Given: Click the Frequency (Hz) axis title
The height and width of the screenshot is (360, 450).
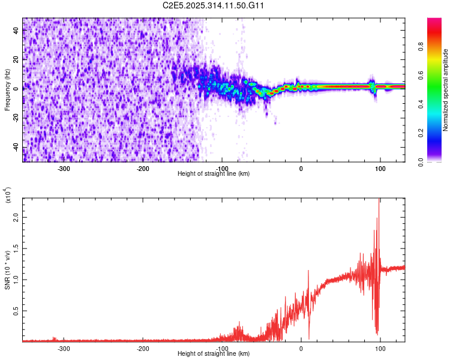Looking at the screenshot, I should pyautogui.click(x=7, y=90).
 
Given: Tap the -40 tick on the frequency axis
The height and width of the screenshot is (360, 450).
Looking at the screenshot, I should pyautogui.click(x=16, y=147).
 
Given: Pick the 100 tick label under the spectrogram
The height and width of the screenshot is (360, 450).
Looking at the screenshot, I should pyautogui.click(x=380, y=169).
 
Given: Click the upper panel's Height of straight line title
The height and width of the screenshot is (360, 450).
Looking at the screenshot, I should pyautogui.click(x=214, y=174).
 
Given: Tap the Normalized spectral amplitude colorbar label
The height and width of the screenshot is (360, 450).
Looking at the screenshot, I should pyautogui.click(x=446, y=90).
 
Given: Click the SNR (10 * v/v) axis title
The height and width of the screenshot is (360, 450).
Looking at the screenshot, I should pyautogui.click(x=7, y=270).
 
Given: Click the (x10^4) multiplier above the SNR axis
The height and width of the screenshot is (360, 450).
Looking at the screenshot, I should pyautogui.click(x=8, y=196).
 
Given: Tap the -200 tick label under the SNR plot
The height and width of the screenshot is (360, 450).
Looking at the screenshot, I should pyautogui.click(x=142, y=349).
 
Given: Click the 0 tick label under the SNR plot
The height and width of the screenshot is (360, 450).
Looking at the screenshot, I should pyautogui.click(x=301, y=349).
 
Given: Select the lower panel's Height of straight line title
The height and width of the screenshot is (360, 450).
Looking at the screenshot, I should pyautogui.click(x=214, y=354).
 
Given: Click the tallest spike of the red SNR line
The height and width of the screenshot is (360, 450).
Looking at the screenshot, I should pyautogui.click(x=379, y=200).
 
